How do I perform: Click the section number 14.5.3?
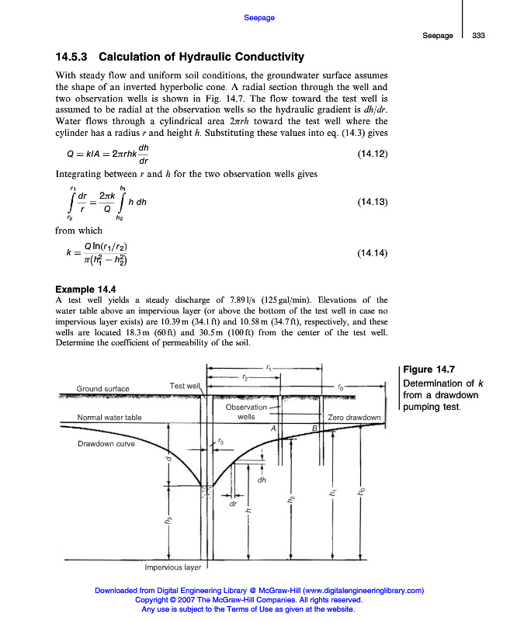click(x=72, y=57)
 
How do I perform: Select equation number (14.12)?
click(x=372, y=154)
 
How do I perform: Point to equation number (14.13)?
click(x=372, y=202)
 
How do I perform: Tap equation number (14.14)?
click(x=372, y=254)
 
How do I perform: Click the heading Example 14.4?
click(x=88, y=290)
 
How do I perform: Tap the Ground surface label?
click(x=102, y=388)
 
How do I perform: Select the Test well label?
click(x=185, y=385)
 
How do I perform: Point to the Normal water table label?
click(x=109, y=417)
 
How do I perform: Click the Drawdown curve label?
click(x=106, y=444)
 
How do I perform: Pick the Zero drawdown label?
click(x=355, y=417)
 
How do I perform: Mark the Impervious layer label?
click(x=173, y=567)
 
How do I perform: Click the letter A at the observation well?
click(x=273, y=428)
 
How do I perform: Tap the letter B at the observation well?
click(x=315, y=428)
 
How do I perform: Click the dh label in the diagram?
click(x=262, y=478)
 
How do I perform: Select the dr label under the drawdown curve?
click(x=232, y=505)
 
